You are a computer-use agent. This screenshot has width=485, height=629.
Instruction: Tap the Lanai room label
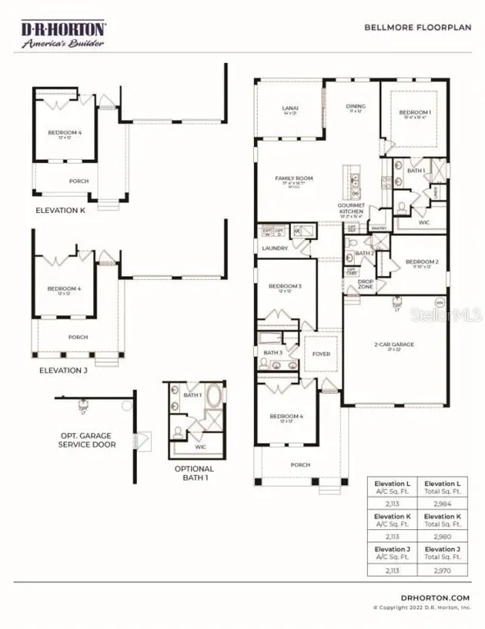tap(289, 110)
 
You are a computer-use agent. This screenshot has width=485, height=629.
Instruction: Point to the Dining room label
tap(355, 107)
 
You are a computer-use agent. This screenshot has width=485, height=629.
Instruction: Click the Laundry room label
tap(274, 248)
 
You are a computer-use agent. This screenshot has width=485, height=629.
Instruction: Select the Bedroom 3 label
tap(285, 287)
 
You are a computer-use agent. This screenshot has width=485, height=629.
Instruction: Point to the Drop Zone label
tap(366, 284)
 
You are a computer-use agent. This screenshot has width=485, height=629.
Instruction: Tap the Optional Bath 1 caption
tap(194, 473)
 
